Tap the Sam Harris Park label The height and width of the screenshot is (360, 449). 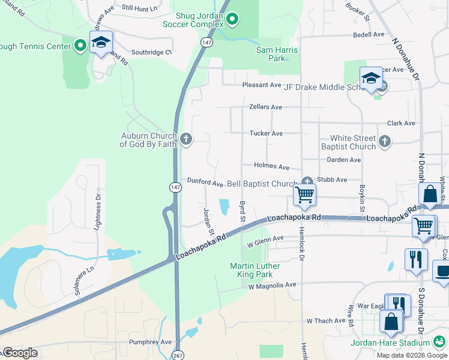[x=271, y=54]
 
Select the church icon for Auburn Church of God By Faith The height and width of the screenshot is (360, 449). [x=186, y=140]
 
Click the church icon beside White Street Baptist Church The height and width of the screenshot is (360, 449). [x=385, y=142]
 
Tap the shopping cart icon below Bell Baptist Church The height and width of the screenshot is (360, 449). [x=304, y=195]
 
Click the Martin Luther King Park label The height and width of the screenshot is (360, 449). [x=259, y=270]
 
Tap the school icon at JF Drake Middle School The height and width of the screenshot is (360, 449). [x=371, y=79]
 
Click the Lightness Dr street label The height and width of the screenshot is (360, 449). [x=98, y=208]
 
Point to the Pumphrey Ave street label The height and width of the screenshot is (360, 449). [x=151, y=342]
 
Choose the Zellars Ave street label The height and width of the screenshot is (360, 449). [x=265, y=107]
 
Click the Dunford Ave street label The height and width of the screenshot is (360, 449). [x=205, y=181]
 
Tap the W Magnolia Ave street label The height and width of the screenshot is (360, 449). [x=273, y=286]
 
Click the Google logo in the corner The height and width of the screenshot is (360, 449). [x=20, y=353]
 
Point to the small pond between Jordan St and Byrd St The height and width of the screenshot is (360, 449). [x=224, y=207]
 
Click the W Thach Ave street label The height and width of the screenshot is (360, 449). [x=326, y=321]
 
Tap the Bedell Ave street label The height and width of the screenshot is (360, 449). [x=369, y=35]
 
